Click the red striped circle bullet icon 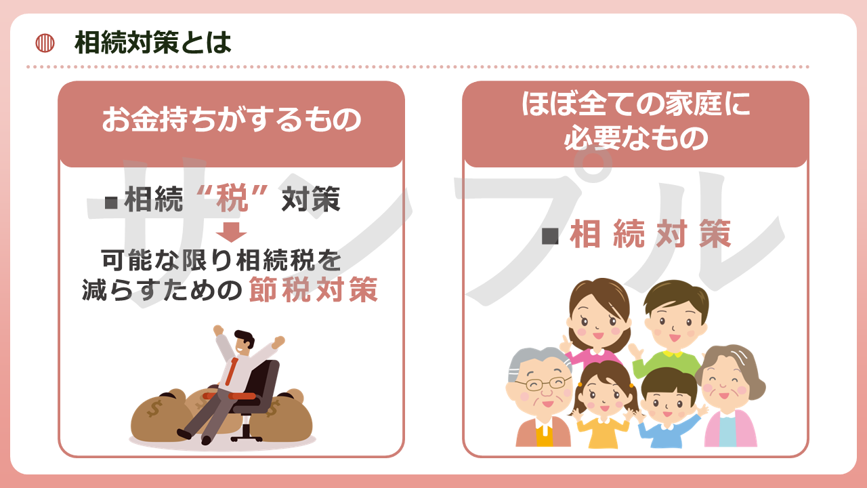(45, 43)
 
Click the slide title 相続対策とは (153, 43)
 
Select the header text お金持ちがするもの (232, 119)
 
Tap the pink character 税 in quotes (232, 199)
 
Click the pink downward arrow (231, 232)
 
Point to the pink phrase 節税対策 (313, 289)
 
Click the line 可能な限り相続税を (221, 260)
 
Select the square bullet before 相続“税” (111, 203)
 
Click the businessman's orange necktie (232, 371)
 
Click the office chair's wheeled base (246, 433)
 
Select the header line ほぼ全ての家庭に (635, 104)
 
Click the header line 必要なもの (635, 138)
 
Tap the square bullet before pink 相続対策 (550, 235)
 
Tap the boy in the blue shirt (669, 409)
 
